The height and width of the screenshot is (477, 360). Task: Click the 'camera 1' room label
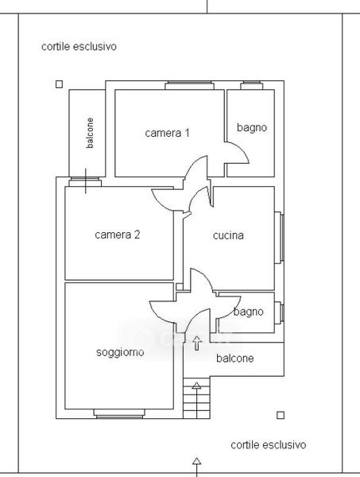coord(167,133)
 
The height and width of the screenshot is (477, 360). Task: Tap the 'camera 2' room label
coord(118,235)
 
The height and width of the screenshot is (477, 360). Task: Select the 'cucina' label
coord(228,235)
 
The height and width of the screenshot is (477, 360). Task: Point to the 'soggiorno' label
coord(120,352)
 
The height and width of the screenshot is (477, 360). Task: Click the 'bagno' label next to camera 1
coord(252,127)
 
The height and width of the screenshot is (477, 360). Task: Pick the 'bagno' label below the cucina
coord(249,312)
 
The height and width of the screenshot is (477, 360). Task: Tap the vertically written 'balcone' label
coord(90,133)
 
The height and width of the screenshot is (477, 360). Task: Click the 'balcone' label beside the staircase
coord(235,358)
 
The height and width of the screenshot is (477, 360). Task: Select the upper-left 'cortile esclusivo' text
coord(79,47)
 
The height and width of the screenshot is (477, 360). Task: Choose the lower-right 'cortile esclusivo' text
coord(269,444)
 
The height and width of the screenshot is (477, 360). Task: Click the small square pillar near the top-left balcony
coord(60,84)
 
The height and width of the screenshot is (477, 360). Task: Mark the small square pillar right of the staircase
coord(281,415)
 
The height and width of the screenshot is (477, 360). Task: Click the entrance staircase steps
coord(197,398)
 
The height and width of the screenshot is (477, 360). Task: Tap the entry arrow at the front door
coord(197,343)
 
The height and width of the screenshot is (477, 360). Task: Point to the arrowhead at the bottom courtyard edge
coord(197,461)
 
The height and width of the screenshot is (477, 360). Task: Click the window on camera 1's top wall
coord(189,85)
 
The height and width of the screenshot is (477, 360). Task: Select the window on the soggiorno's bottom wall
coord(119,413)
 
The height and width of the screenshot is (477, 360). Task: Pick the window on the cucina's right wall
coord(280,237)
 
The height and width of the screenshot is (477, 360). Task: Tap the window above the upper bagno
coord(252,85)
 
